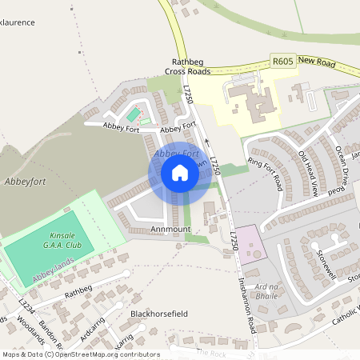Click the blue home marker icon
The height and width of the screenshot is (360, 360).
180,174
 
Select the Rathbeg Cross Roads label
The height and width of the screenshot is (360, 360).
188,66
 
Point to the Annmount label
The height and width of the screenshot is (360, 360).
170,229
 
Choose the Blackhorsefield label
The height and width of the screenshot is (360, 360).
158,314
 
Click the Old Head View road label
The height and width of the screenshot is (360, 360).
309,173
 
